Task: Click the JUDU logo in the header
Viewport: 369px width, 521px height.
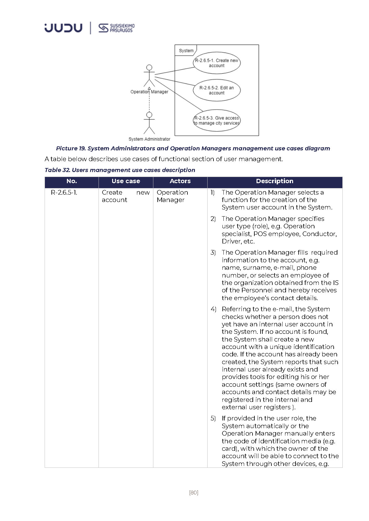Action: click(64, 28)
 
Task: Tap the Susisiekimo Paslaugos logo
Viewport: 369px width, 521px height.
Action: click(116, 28)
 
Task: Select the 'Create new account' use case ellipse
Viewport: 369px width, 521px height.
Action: click(217, 63)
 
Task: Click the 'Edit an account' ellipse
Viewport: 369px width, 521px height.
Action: click(217, 90)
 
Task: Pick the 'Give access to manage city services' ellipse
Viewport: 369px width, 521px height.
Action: click(217, 120)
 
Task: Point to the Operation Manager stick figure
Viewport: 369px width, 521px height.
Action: click(149, 76)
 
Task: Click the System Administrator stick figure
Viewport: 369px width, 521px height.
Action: click(149, 123)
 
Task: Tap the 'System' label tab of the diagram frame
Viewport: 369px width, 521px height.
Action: click(186, 50)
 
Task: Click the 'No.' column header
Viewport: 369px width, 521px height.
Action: click(72, 181)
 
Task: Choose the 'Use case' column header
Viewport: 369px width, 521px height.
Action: click(126, 181)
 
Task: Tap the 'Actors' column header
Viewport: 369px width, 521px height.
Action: click(180, 181)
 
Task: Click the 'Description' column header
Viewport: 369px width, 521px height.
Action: click(275, 181)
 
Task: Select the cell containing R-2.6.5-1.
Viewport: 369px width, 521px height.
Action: click(64, 192)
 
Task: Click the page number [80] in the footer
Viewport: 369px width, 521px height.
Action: click(194, 493)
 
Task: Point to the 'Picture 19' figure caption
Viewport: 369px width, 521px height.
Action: click(193, 149)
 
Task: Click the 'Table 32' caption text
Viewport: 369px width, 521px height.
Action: click(120, 170)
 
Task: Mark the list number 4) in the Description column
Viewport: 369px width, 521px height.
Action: click(213, 309)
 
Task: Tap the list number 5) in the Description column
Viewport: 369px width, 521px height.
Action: click(213, 418)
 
